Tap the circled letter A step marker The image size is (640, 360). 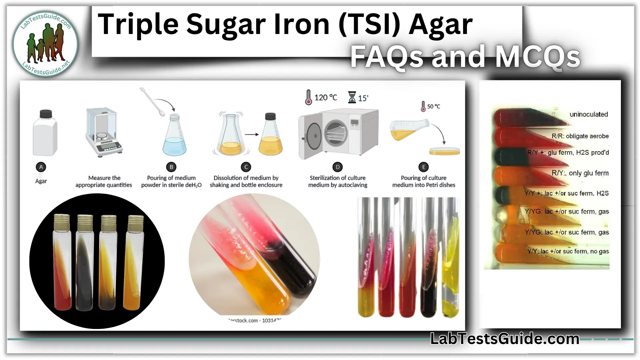[x=41, y=167]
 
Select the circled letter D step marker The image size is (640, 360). [x=337, y=167]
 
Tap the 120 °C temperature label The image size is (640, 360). [x=325, y=97]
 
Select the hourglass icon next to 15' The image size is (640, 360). [x=352, y=97]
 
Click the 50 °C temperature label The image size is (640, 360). [x=433, y=106]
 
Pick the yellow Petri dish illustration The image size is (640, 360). [x=444, y=151]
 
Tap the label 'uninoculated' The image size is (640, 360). [x=589, y=114]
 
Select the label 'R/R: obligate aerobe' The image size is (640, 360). [x=580, y=136]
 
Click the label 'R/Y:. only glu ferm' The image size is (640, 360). [x=580, y=173]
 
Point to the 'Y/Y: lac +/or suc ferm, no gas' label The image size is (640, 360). [x=568, y=251]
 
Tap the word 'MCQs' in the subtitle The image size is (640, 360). [x=537, y=57]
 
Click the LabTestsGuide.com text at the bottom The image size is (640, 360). [x=505, y=339]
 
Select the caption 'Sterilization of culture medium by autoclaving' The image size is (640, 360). [x=337, y=181]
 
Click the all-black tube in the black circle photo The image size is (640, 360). [x=84, y=263]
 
